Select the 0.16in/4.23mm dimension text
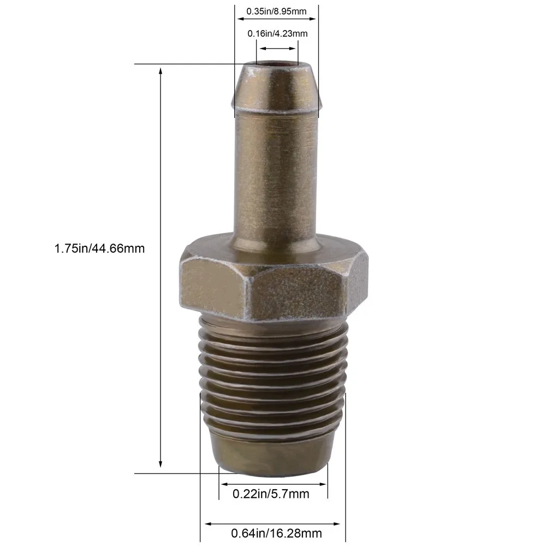[277, 34]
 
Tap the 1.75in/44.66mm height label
[99, 248]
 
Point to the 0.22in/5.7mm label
[271, 494]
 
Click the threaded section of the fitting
[273, 377]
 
